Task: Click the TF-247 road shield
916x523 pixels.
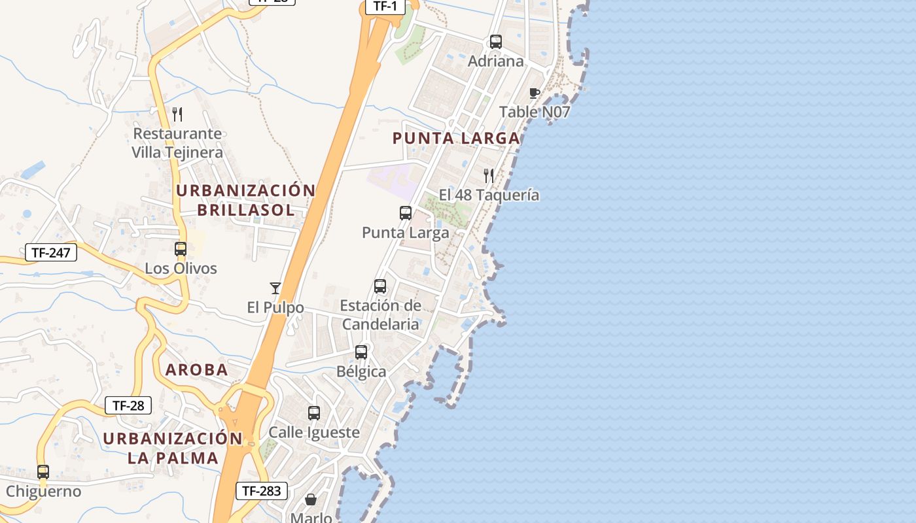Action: [51, 252]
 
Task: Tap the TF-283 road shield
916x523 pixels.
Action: [261, 490]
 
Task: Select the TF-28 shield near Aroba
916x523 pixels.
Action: [128, 405]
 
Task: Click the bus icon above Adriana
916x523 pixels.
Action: [496, 42]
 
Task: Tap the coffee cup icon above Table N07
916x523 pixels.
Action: [535, 93]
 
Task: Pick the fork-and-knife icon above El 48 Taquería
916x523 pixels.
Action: [489, 175]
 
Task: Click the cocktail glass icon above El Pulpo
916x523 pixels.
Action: [275, 288]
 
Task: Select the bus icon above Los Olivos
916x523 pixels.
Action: [181, 249]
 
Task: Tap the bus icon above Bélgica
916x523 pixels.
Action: [361, 352]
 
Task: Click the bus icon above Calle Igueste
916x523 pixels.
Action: [314, 413]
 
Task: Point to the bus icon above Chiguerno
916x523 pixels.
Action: [43, 472]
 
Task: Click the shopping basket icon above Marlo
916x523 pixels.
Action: [311, 500]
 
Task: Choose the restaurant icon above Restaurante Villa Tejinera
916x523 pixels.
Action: [177, 114]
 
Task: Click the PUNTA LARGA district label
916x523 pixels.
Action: [456, 138]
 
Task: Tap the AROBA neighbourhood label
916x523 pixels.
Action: [197, 370]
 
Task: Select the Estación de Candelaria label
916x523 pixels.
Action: [380, 314]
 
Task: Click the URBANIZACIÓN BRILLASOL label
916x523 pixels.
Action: [246, 200]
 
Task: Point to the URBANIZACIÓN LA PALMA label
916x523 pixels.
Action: [173, 448]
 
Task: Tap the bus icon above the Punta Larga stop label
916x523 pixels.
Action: [406, 213]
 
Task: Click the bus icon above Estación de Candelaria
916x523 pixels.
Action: [380, 286]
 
